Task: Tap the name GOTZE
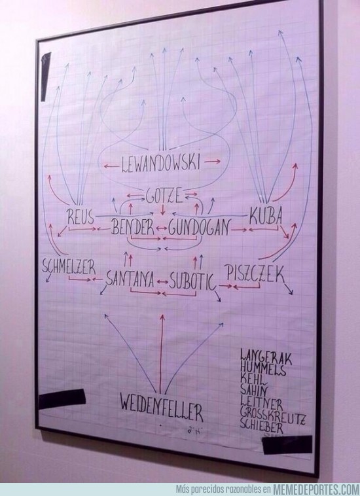tap(164, 196)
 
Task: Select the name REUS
tap(81, 217)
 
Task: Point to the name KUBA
tap(265, 217)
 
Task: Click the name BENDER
tap(133, 227)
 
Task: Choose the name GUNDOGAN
tap(198, 228)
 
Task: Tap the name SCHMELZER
tap(69, 267)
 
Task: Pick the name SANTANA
tap(130, 279)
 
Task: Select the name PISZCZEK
tap(255, 274)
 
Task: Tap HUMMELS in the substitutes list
tap(263, 368)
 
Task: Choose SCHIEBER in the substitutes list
tap(261, 426)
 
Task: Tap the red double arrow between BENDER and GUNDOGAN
tap(161, 228)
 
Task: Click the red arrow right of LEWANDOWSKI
tap(212, 162)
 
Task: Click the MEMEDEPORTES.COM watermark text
tap(315, 489)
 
